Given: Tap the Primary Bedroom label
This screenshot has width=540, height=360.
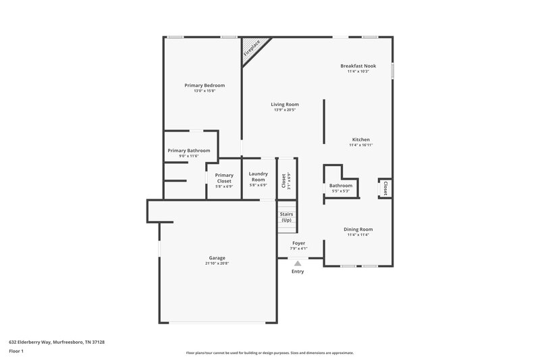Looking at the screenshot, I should (205, 86).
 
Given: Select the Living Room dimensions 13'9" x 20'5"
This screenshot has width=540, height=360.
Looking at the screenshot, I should (285, 110).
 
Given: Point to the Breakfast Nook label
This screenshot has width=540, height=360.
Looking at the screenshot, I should (358, 66).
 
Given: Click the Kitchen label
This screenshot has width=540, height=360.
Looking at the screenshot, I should (360, 139).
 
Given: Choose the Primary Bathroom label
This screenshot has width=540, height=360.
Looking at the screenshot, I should (188, 151).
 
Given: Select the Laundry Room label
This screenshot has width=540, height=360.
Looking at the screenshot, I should (258, 176).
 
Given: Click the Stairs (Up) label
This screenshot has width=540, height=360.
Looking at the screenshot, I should (286, 217).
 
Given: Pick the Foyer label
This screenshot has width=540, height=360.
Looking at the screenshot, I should (298, 243).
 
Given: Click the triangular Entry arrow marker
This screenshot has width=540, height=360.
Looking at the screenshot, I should (298, 263).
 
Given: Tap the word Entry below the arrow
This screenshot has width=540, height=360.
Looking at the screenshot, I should (298, 272).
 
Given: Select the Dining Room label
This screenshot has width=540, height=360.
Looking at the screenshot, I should (358, 229).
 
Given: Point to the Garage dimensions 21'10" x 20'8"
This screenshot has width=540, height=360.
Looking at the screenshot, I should (217, 263).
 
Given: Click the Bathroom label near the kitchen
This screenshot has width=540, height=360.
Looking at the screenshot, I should (340, 185).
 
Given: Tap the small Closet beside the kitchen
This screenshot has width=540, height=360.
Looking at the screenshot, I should (385, 187).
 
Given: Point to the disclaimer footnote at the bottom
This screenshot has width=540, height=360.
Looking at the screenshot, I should (269, 353).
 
